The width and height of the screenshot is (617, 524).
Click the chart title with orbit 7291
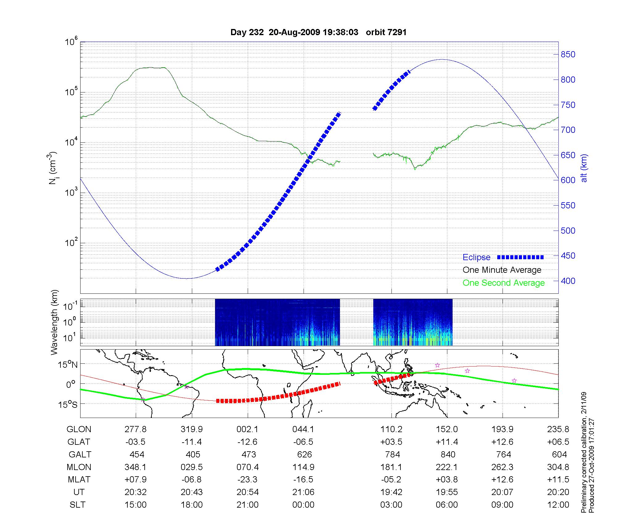318,32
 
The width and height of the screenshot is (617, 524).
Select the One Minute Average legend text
502,270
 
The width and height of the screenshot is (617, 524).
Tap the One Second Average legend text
503,283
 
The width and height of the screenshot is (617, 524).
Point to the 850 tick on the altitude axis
568,55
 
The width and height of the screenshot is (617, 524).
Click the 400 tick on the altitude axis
568,281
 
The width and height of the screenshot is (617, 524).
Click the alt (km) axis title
584,168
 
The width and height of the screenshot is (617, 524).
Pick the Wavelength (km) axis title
54,322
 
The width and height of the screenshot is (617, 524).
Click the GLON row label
79,429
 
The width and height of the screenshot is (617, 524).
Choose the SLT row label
77,505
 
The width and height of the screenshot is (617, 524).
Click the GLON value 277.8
135,429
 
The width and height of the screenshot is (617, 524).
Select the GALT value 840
448,454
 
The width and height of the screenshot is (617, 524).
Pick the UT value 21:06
303,492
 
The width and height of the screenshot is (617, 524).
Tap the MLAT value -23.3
247,480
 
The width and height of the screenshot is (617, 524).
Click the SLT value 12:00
558,505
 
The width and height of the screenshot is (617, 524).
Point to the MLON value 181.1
391,467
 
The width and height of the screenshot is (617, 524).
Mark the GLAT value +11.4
447,442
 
